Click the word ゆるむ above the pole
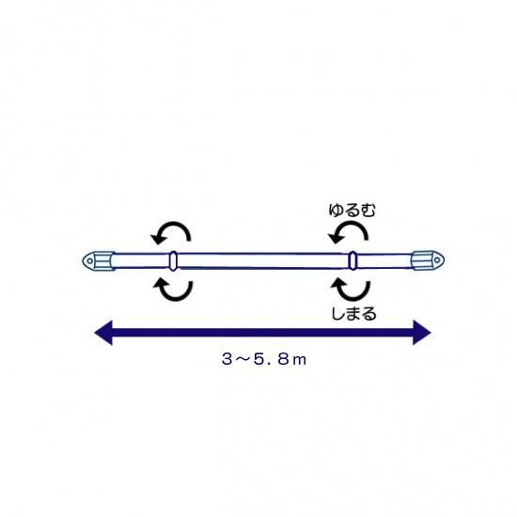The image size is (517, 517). (x=352, y=210)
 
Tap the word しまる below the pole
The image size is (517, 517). (x=353, y=313)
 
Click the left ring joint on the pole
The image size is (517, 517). (x=173, y=260)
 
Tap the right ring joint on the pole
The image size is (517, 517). (x=352, y=260)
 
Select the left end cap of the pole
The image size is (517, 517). (x=99, y=260)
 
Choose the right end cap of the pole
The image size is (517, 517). (x=428, y=260)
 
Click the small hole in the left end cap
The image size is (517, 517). (x=89, y=261)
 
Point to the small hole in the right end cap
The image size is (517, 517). (x=437, y=260)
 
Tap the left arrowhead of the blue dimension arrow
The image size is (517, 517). (x=103, y=333)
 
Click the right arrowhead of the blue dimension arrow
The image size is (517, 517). (x=422, y=333)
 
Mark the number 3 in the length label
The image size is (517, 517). (x=227, y=359)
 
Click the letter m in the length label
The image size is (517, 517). (x=299, y=360)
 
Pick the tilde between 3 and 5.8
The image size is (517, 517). (x=243, y=359)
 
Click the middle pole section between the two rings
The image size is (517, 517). (x=263, y=260)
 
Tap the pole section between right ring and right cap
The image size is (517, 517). (x=384, y=260)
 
